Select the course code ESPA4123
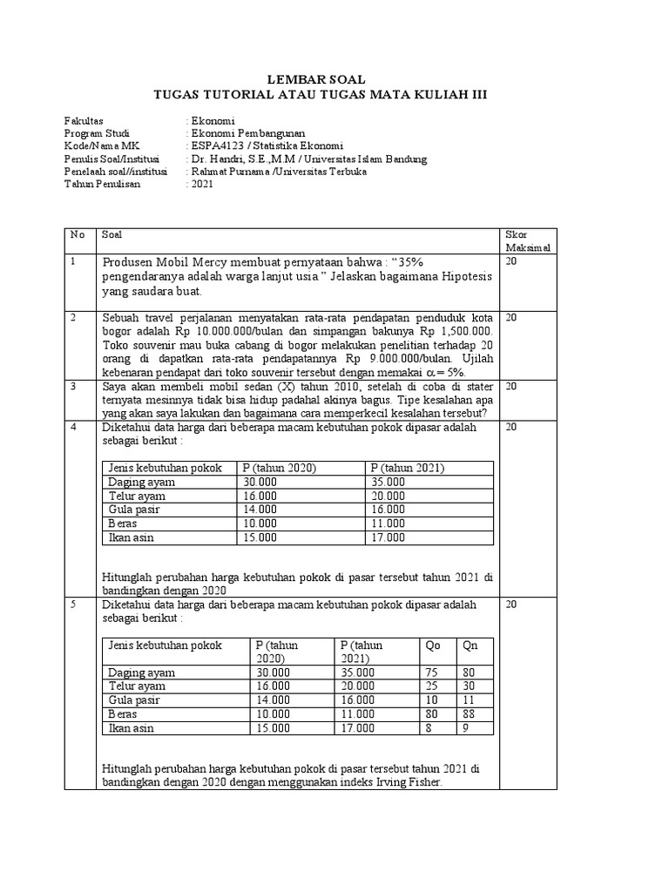(213, 145)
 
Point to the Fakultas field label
(84, 119)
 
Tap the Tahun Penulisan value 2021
(202, 185)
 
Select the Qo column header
(432, 645)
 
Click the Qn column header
(470, 645)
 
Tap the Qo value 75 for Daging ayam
(431, 672)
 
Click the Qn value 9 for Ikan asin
(466, 728)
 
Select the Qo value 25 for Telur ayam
(431, 686)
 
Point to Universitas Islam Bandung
(366, 159)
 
